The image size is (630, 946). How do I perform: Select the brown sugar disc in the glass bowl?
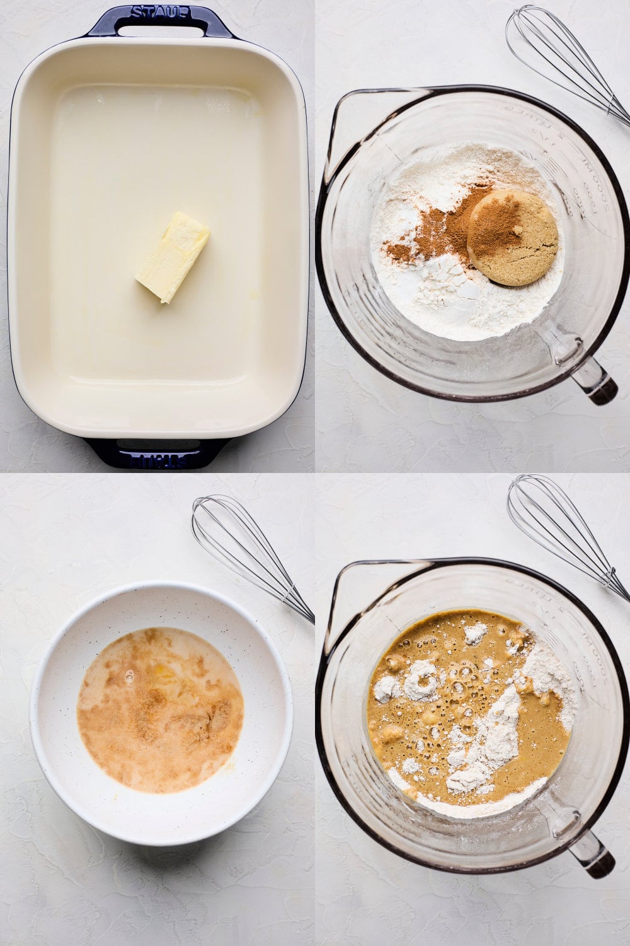coord(513,238)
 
